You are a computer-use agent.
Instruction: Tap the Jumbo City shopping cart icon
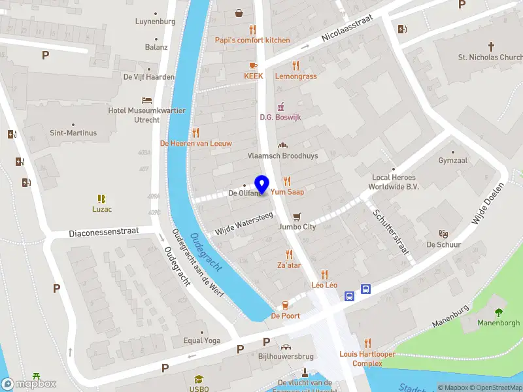[x=297, y=216]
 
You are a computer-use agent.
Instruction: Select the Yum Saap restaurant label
[x=287, y=192]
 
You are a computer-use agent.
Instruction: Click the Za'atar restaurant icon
[x=289, y=255]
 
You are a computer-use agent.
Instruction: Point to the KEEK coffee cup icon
[x=253, y=65]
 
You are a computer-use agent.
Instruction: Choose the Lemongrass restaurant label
[x=295, y=76]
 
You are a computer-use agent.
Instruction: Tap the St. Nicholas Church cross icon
[x=492, y=46]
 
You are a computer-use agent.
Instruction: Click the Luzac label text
[x=102, y=209]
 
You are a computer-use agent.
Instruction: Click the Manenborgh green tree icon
[x=499, y=312]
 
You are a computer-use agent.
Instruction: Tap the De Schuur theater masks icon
[x=443, y=234]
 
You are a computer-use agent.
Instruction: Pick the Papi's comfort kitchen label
[x=252, y=40]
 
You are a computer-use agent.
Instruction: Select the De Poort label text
[x=285, y=316]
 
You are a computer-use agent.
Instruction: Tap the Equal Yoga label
[x=202, y=340]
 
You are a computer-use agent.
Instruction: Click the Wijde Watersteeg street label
[x=244, y=223]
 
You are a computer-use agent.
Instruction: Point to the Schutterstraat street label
[x=390, y=232]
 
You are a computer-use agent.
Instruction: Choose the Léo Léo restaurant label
[x=324, y=286]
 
